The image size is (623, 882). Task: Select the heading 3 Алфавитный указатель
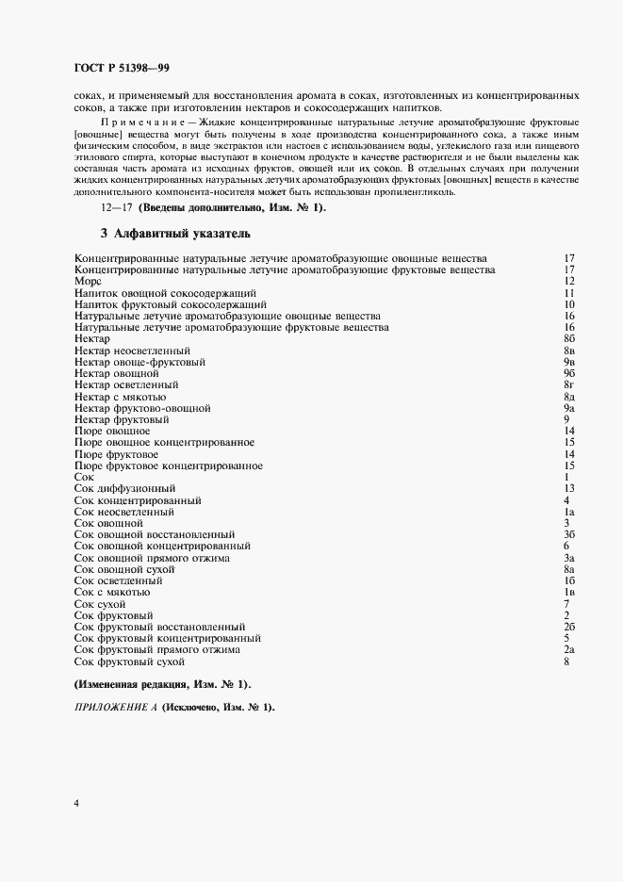click(174, 232)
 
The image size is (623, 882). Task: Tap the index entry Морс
click(88, 281)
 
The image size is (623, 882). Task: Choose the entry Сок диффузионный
click(124, 488)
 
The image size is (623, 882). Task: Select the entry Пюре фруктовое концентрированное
click(168, 465)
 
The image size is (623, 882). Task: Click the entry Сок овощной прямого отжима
click(152, 557)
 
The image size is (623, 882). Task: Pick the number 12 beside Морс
click(569, 281)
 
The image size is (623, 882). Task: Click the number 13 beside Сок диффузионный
click(569, 488)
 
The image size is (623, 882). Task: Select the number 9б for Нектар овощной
click(569, 373)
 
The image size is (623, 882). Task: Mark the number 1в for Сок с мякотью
click(569, 592)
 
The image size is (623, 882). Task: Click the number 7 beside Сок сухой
click(566, 603)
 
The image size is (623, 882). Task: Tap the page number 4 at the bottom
click(76, 803)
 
